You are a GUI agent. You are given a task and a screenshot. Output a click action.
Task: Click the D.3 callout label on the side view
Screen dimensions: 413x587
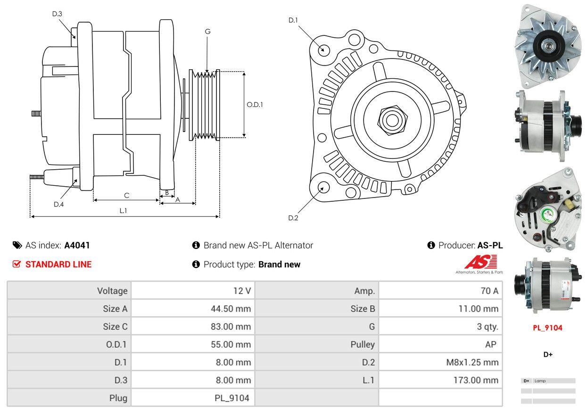[x=57, y=14]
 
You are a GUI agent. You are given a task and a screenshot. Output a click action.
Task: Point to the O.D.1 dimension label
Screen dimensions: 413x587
[x=255, y=105]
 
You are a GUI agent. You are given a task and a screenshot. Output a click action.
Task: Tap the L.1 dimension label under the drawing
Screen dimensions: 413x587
[x=123, y=211]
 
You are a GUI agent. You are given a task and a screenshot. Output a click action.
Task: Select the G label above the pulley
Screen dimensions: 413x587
[x=207, y=32]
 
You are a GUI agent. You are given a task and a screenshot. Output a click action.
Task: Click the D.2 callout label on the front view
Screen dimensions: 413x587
[x=293, y=218]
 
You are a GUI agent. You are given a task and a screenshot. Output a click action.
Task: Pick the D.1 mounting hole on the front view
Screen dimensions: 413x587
[x=323, y=50]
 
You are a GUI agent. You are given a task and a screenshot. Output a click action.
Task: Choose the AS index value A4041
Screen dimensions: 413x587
[x=77, y=245]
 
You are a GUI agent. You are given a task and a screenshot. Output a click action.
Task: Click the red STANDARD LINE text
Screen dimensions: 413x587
[x=58, y=264]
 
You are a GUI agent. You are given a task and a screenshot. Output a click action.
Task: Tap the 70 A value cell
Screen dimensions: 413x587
[x=489, y=291]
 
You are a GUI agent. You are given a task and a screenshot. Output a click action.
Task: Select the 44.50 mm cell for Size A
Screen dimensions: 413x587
[x=231, y=309]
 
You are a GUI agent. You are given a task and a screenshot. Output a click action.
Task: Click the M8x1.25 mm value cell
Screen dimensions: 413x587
[x=471, y=362]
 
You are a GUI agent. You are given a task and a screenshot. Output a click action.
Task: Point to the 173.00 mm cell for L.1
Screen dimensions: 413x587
[x=475, y=380]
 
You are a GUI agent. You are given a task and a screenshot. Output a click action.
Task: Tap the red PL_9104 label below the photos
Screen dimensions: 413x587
[x=547, y=328]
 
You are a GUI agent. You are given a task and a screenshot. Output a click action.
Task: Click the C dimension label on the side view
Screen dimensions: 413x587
[x=126, y=195]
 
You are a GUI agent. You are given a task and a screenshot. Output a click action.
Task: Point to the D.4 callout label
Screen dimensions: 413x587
[x=58, y=204]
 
